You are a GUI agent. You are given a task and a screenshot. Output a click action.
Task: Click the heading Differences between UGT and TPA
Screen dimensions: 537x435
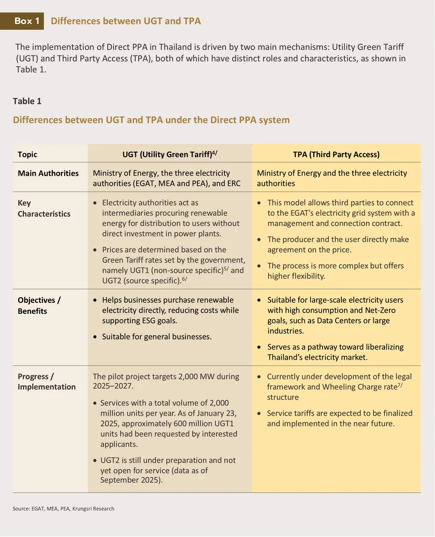126,21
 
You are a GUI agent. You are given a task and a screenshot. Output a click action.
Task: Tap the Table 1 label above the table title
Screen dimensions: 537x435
27,101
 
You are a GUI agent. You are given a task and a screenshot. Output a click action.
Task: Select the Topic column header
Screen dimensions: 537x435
27,154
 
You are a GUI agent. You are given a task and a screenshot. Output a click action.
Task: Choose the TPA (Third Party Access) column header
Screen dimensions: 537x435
336,154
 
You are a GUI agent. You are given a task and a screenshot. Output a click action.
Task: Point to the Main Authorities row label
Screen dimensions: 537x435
48,173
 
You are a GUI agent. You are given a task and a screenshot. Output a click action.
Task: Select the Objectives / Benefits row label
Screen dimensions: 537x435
39,306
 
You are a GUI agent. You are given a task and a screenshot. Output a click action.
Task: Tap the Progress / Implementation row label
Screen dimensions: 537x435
47,382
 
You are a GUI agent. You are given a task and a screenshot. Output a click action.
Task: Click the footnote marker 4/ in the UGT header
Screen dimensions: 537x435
214,152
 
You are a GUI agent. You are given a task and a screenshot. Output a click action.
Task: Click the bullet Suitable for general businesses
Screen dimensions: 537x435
156,337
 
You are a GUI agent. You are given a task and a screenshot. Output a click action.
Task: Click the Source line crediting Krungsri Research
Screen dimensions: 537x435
64,509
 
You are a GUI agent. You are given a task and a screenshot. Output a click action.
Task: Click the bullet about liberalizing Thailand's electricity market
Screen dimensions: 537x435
335,352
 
